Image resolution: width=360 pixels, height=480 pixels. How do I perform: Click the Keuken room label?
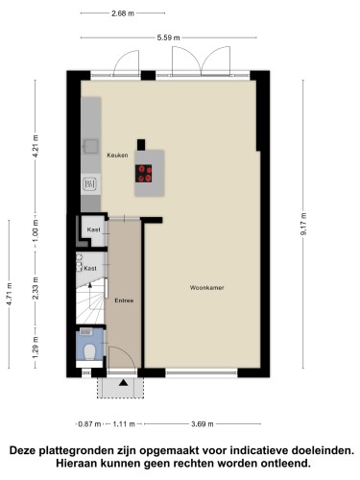117,156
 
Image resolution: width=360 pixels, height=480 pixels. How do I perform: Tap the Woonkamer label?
206,288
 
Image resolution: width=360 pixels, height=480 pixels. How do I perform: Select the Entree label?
124,300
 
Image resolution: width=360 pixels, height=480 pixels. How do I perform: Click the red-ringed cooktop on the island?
143,174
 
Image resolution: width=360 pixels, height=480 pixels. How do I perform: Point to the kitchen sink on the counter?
90,146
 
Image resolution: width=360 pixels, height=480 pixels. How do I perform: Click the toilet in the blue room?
89,351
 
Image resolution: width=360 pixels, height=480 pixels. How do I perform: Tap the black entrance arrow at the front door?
124,382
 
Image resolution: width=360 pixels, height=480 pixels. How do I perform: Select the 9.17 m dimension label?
303,224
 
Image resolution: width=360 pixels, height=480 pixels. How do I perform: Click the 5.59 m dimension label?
168,37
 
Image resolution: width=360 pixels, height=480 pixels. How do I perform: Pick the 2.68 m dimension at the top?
123,13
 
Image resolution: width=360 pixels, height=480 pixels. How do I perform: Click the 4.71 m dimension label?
10,294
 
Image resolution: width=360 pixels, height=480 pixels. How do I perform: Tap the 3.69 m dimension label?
203,424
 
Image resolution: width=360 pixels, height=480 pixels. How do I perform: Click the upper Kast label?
93,229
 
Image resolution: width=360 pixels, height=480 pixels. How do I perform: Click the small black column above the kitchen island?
141,144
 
